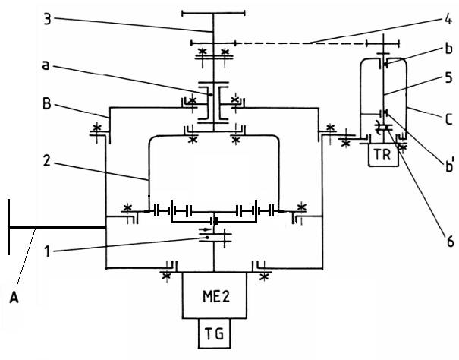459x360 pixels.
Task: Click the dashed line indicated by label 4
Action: pos(303,44)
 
